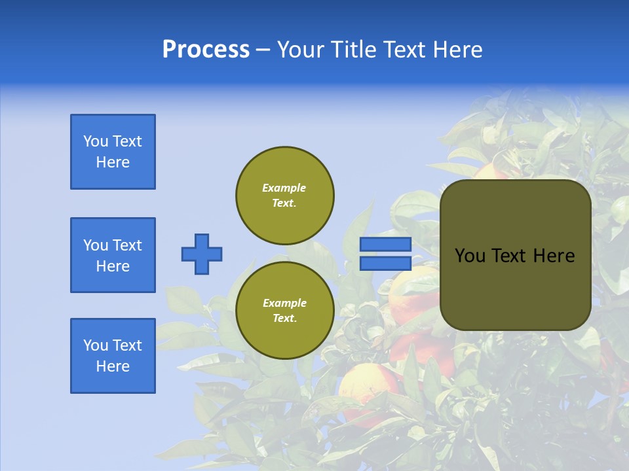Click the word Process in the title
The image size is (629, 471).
[x=206, y=50]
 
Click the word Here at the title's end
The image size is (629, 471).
[x=456, y=50]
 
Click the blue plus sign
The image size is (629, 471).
[x=202, y=254]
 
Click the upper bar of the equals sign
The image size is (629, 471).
[x=385, y=245]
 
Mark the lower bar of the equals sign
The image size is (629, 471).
[x=385, y=264]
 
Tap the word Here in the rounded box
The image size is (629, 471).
[x=554, y=256]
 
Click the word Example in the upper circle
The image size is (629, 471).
[x=284, y=188]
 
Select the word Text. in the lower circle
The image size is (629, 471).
[x=284, y=319]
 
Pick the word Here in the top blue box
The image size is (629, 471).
[x=113, y=162]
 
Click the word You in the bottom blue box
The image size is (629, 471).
[x=96, y=345]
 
